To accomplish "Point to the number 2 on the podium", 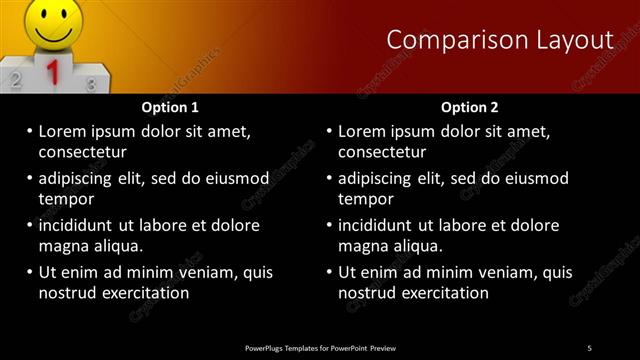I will click(16, 75).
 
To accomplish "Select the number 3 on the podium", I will click(91, 84).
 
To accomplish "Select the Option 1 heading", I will click(170, 107).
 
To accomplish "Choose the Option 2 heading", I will click(469, 107).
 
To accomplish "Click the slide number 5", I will click(589, 347).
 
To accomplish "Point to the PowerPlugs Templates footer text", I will click(320, 347).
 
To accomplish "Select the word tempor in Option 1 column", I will click(65, 199).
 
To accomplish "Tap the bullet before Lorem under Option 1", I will click(29, 131).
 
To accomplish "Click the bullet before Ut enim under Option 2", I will click(329, 272).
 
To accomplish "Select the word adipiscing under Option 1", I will click(79, 179).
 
